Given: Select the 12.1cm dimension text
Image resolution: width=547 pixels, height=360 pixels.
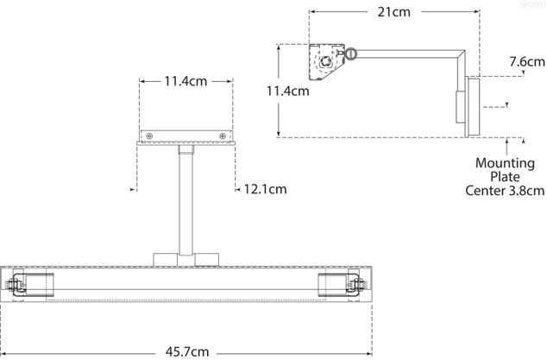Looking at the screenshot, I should click(x=264, y=188).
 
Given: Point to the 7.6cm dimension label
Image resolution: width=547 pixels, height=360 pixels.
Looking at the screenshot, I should click(x=526, y=61).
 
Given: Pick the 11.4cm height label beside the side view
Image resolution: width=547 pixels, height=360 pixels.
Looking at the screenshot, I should click(x=287, y=91).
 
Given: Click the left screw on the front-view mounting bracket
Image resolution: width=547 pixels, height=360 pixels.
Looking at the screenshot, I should click(x=150, y=136).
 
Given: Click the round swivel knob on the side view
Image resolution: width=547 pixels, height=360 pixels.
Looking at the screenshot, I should click(x=353, y=54).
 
